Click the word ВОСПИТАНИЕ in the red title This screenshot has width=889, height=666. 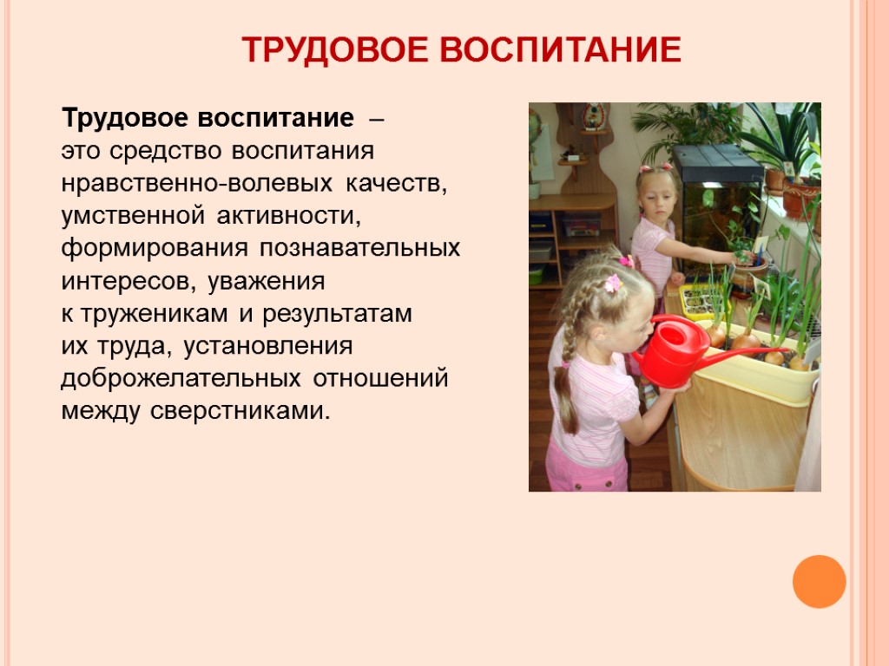561,50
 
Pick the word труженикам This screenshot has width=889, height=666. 156,314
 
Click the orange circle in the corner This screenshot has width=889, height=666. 819,581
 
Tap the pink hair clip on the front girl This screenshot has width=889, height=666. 614,283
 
